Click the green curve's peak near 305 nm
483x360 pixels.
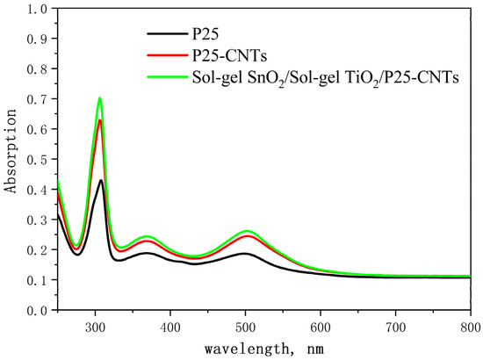100,98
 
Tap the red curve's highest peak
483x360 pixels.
100,119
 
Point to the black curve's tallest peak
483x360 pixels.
101,180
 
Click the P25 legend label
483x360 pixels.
205,33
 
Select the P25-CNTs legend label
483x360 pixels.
229,55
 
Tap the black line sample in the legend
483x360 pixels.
167,33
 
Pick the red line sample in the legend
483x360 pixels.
167,55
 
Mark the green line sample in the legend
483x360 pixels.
167,76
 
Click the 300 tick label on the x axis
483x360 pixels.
95,328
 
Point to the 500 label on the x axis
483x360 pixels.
246,328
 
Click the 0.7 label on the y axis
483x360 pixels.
37,99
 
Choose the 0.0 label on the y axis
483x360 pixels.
37,311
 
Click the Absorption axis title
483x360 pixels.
10,151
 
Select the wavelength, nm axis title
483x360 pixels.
264,349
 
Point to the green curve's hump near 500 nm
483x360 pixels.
247,231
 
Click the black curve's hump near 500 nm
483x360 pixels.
246,254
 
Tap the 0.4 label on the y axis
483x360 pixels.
37,190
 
